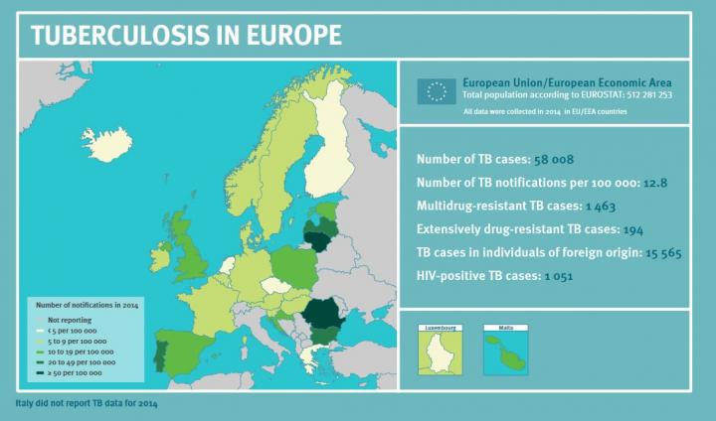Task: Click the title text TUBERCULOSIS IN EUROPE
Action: pyautogui.click(x=187, y=35)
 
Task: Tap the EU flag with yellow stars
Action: pyautogui.click(x=435, y=91)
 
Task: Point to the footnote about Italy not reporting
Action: pyautogui.click(x=86, y=404)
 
